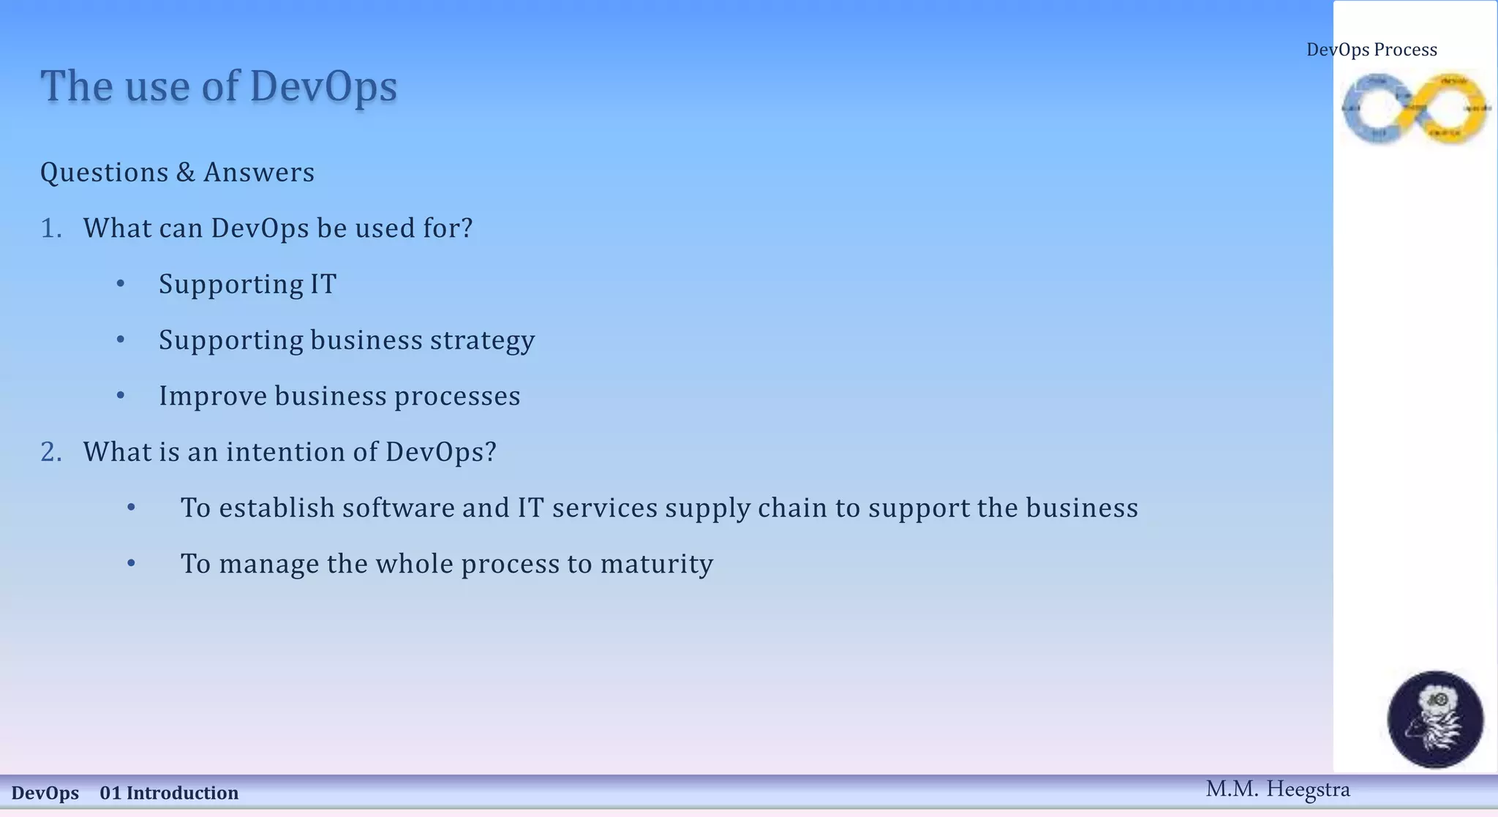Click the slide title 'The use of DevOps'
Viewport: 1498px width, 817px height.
click(x=219, y=86)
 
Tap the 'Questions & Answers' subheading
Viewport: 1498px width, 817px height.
click(x=177, y=173)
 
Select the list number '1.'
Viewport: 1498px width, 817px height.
click(x=51, y=228)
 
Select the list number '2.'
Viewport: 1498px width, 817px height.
click(x=51, y=452)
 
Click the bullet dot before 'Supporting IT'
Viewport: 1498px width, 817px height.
click(x=121, y=284)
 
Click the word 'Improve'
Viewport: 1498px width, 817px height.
click(x=212, y=396)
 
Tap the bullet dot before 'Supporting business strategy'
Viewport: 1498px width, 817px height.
click(x=121, y=339)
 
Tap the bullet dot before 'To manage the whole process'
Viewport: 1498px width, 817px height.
click(x=132, y=563)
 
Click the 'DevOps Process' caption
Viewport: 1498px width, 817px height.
click(x=1371, y=50)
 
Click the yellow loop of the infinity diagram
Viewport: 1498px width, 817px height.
click(x=1452, y=108)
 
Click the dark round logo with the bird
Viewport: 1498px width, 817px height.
click(x=1435, y=719)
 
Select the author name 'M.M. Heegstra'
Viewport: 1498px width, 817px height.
click(x=1277, y=789)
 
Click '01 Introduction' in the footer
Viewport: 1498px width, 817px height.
click(x=169, y=793)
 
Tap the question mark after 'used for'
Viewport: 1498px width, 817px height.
click(x=466, y=228)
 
